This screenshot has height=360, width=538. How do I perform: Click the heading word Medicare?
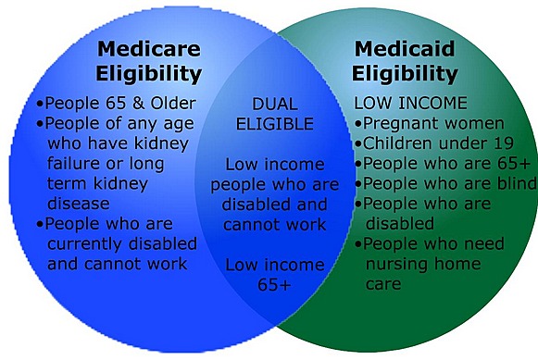pyautogui.click(x=149, y=49)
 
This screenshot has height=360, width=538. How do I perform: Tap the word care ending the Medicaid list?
pyautogui.click(x=382, y=283)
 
